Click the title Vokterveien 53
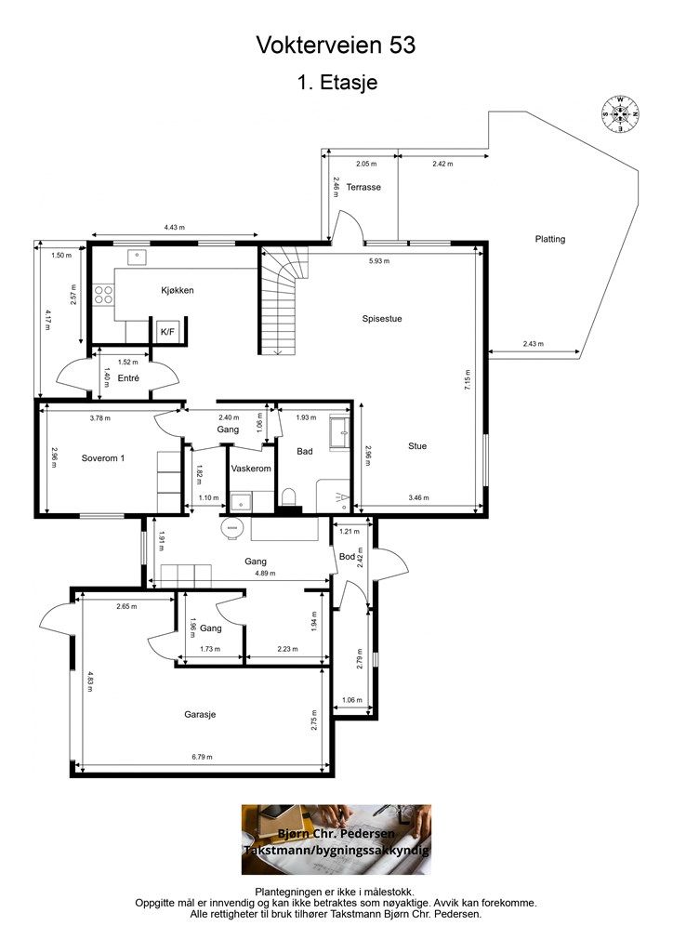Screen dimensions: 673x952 tap(336, 45)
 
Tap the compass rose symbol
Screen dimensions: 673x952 tap(620, 113)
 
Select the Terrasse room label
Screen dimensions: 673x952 tap(363, 187)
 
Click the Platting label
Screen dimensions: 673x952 tap(549, 239)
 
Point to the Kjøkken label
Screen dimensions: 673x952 tap(178, 290)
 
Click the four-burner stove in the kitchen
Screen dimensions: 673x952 tap(104, 295)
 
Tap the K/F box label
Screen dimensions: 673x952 tap(167, 332)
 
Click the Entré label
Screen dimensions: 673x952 tap(128, 377)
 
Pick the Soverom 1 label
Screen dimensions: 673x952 tap(103, 457)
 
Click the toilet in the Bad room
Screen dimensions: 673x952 tap(288, 497)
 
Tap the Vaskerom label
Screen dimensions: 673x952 tap(251, 469)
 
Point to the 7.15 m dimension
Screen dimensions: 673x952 tap(468, 380)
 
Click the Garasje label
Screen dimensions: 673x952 tap(200, 715)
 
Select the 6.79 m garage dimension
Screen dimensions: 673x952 tap(202, 757)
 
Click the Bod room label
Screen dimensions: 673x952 tap(347, 556)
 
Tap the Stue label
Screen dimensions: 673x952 tap(417, 445)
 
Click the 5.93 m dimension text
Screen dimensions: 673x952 tap(379, 261)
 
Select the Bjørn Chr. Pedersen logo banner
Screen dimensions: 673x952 tap(336, 840)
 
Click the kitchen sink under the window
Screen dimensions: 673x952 tap(138, 257)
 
